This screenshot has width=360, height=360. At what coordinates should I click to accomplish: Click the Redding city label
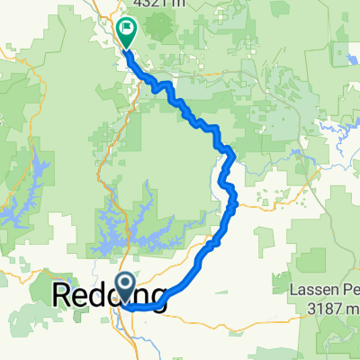click(112, 296)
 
